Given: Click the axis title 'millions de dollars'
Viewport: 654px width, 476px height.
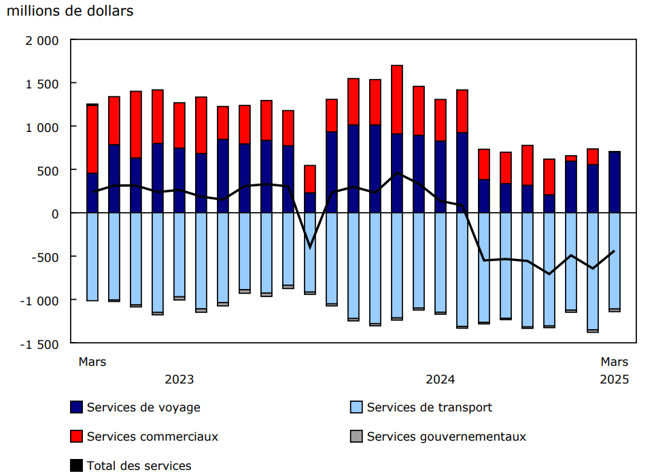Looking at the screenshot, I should pyautogui.click(x=70, y=12).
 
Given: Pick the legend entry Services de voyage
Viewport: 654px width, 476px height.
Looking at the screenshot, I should pyautogui.click(x=143, y=407).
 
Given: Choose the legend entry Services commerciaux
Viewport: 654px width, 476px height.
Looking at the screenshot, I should pyautogui.click(x=152, y=437).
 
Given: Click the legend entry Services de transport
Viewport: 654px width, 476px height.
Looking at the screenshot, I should pyautogui.click(x=429, y=407).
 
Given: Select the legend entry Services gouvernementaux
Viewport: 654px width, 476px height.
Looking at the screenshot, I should pyautogui.click(x=446, y=437).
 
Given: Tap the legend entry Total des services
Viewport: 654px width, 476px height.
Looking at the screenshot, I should pyautogui.click(x=139, y=466).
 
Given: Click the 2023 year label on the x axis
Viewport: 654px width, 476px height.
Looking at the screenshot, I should pyautogui.click(x=179, y=379).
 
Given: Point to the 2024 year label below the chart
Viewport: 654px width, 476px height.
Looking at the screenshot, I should pyautogui.click(x=441, y=379).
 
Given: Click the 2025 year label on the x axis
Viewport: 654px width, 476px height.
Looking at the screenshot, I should pyautogui.click(x=615, y=379).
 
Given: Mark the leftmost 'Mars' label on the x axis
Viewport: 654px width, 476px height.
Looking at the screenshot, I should pyautogui.click(x=92, y=362).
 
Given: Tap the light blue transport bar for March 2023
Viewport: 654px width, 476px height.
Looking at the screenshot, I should pyautogui.click(x=92, y=256).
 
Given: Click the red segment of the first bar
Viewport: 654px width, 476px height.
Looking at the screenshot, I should pyautogui.click(x=92, y=139).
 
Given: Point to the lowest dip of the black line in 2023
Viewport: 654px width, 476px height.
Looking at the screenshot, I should pyautogui.click(x=310, y=247).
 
